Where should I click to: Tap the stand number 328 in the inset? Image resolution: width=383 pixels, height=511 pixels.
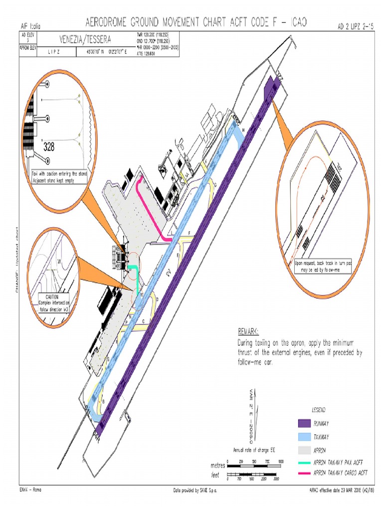pos(49,147)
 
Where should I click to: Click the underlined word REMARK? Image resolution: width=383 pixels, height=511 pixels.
pos(248,331)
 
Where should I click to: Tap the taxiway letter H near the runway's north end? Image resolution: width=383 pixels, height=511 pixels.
pos(243,130)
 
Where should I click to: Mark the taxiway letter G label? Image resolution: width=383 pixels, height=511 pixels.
pos(215,185)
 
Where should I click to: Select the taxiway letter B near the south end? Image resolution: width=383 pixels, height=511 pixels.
pos(103,401)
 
